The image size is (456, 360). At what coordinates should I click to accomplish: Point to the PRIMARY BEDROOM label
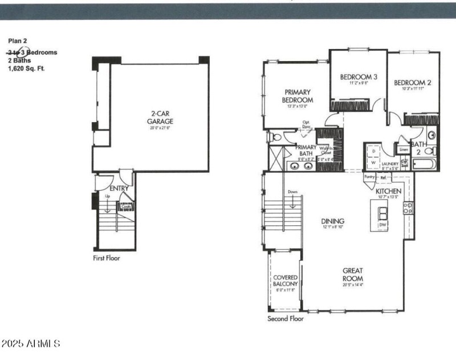[297, 96]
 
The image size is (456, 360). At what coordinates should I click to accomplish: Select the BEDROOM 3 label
[359, 77]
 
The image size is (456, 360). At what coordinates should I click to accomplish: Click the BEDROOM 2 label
[412, 83]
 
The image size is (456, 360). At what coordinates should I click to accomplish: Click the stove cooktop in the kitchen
[408, 208]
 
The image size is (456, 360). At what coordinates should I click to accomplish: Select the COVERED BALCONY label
[286, 281]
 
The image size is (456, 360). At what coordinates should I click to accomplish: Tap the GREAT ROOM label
[353, 274]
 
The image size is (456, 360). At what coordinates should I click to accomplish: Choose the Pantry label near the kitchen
[369, 177]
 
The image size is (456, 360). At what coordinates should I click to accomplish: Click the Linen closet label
[404, 149]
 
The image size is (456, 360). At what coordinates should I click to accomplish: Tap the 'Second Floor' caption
[286, 319]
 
